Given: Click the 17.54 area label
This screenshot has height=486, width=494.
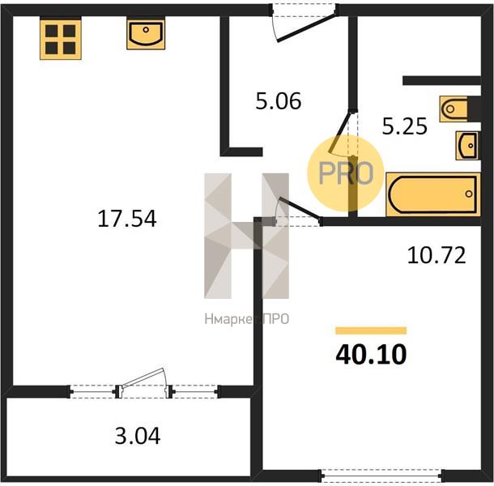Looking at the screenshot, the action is point(127,219).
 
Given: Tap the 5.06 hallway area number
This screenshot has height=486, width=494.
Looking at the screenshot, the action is point(279,101).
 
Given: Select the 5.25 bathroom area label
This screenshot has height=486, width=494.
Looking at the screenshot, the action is point(405,126).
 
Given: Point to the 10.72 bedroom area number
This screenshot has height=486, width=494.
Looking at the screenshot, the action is point(437,255).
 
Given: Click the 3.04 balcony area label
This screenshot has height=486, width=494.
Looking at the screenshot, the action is point(138,436).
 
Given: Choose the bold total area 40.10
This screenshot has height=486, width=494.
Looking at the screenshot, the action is point(371,355).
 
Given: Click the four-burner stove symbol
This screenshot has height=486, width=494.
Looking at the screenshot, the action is point(61,40).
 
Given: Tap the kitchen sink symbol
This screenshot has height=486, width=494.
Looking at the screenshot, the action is point(146,34).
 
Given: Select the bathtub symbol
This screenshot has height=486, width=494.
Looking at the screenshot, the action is point(433,194).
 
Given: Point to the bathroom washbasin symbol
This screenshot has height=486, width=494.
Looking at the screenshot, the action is point(468,145).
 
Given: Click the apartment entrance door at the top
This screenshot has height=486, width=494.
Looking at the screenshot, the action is point(305,27).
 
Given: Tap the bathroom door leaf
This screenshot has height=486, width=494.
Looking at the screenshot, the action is point(340,132).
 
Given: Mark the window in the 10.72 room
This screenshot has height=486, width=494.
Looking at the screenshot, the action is point(382,476).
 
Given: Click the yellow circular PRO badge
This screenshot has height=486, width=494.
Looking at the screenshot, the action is point(346,173).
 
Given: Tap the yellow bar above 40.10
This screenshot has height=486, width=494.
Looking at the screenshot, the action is point(371,330).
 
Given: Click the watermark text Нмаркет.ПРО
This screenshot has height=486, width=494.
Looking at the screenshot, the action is point(247,319).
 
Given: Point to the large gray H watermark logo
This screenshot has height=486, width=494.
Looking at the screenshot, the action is point(246,236).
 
